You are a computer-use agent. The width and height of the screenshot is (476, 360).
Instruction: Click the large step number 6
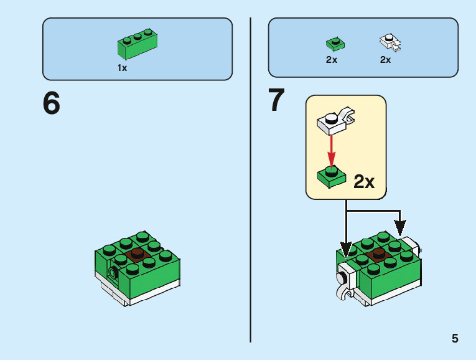[x=52, y=103]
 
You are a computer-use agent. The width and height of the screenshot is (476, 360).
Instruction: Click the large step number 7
[x=276, y=101]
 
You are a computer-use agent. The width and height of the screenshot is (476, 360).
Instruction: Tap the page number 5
[x=455, y=339]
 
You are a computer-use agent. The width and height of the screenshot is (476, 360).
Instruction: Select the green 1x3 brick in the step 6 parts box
[x=138, y=43]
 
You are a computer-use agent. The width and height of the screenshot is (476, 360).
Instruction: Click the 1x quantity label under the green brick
[x=123, y=68]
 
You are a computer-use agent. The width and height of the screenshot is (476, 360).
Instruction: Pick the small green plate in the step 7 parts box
[x=335, y=43]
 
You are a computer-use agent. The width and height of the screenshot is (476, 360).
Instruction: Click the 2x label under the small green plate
[x=332, y=60]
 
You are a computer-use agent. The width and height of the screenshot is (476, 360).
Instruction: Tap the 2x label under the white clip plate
[x=386, y=60]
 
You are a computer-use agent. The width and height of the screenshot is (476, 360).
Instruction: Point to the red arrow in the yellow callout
[x=332, y=149]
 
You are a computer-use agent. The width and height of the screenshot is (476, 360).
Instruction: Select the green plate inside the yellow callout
[x=332, y=176]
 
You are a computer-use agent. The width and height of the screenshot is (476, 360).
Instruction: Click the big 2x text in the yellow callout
[x=364, y=182]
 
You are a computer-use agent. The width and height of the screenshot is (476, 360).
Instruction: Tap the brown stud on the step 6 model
[x=137, y=253]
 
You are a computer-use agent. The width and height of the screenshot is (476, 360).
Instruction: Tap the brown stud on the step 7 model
[x=377, y=254]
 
